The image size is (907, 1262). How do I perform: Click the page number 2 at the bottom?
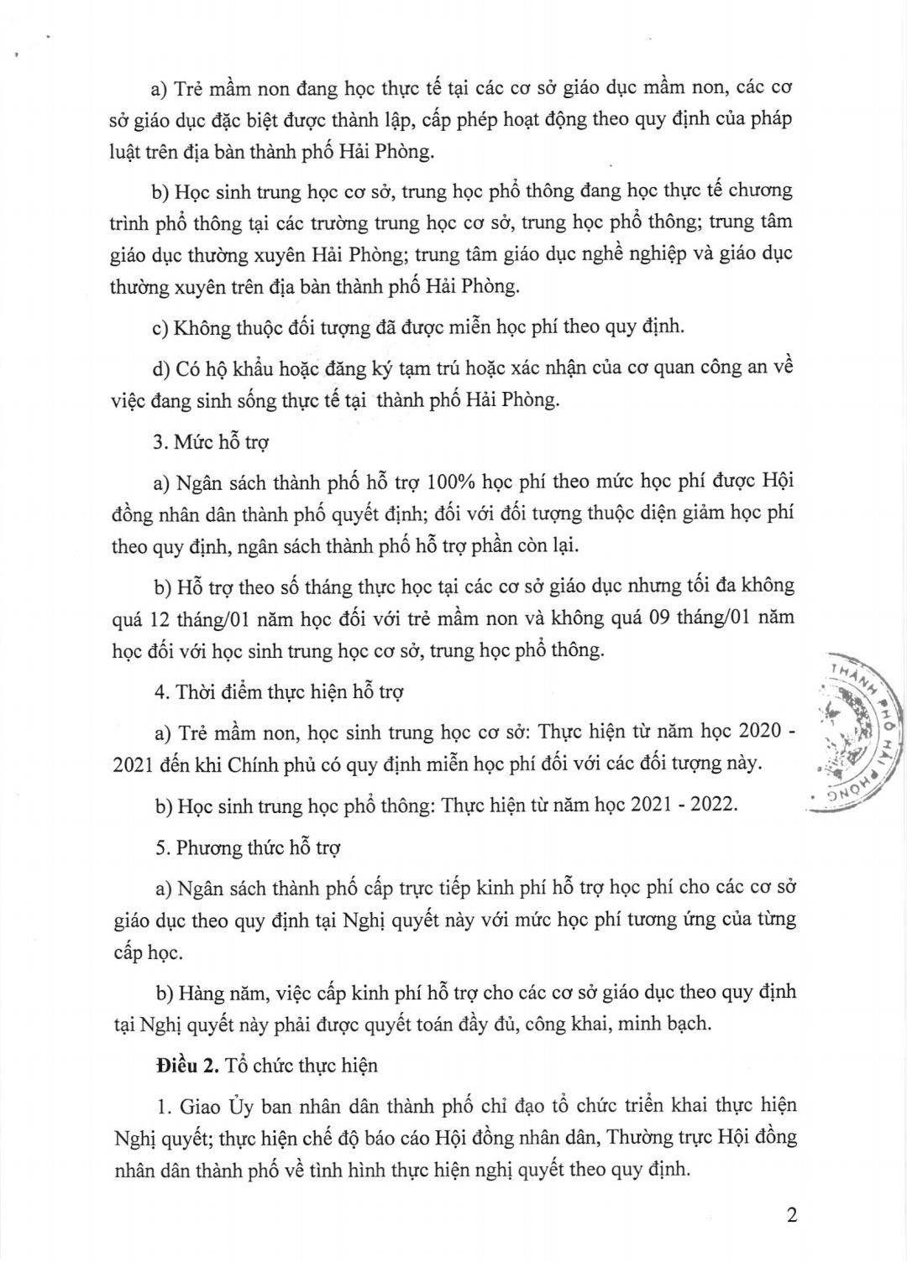click(x=791, y=1215)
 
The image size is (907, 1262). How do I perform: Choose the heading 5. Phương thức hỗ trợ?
click(x=248, y=847)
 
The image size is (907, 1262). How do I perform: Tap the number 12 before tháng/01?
click(x=160, y=618)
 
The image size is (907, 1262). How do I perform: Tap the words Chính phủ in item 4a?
click(x=266, y=764)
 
